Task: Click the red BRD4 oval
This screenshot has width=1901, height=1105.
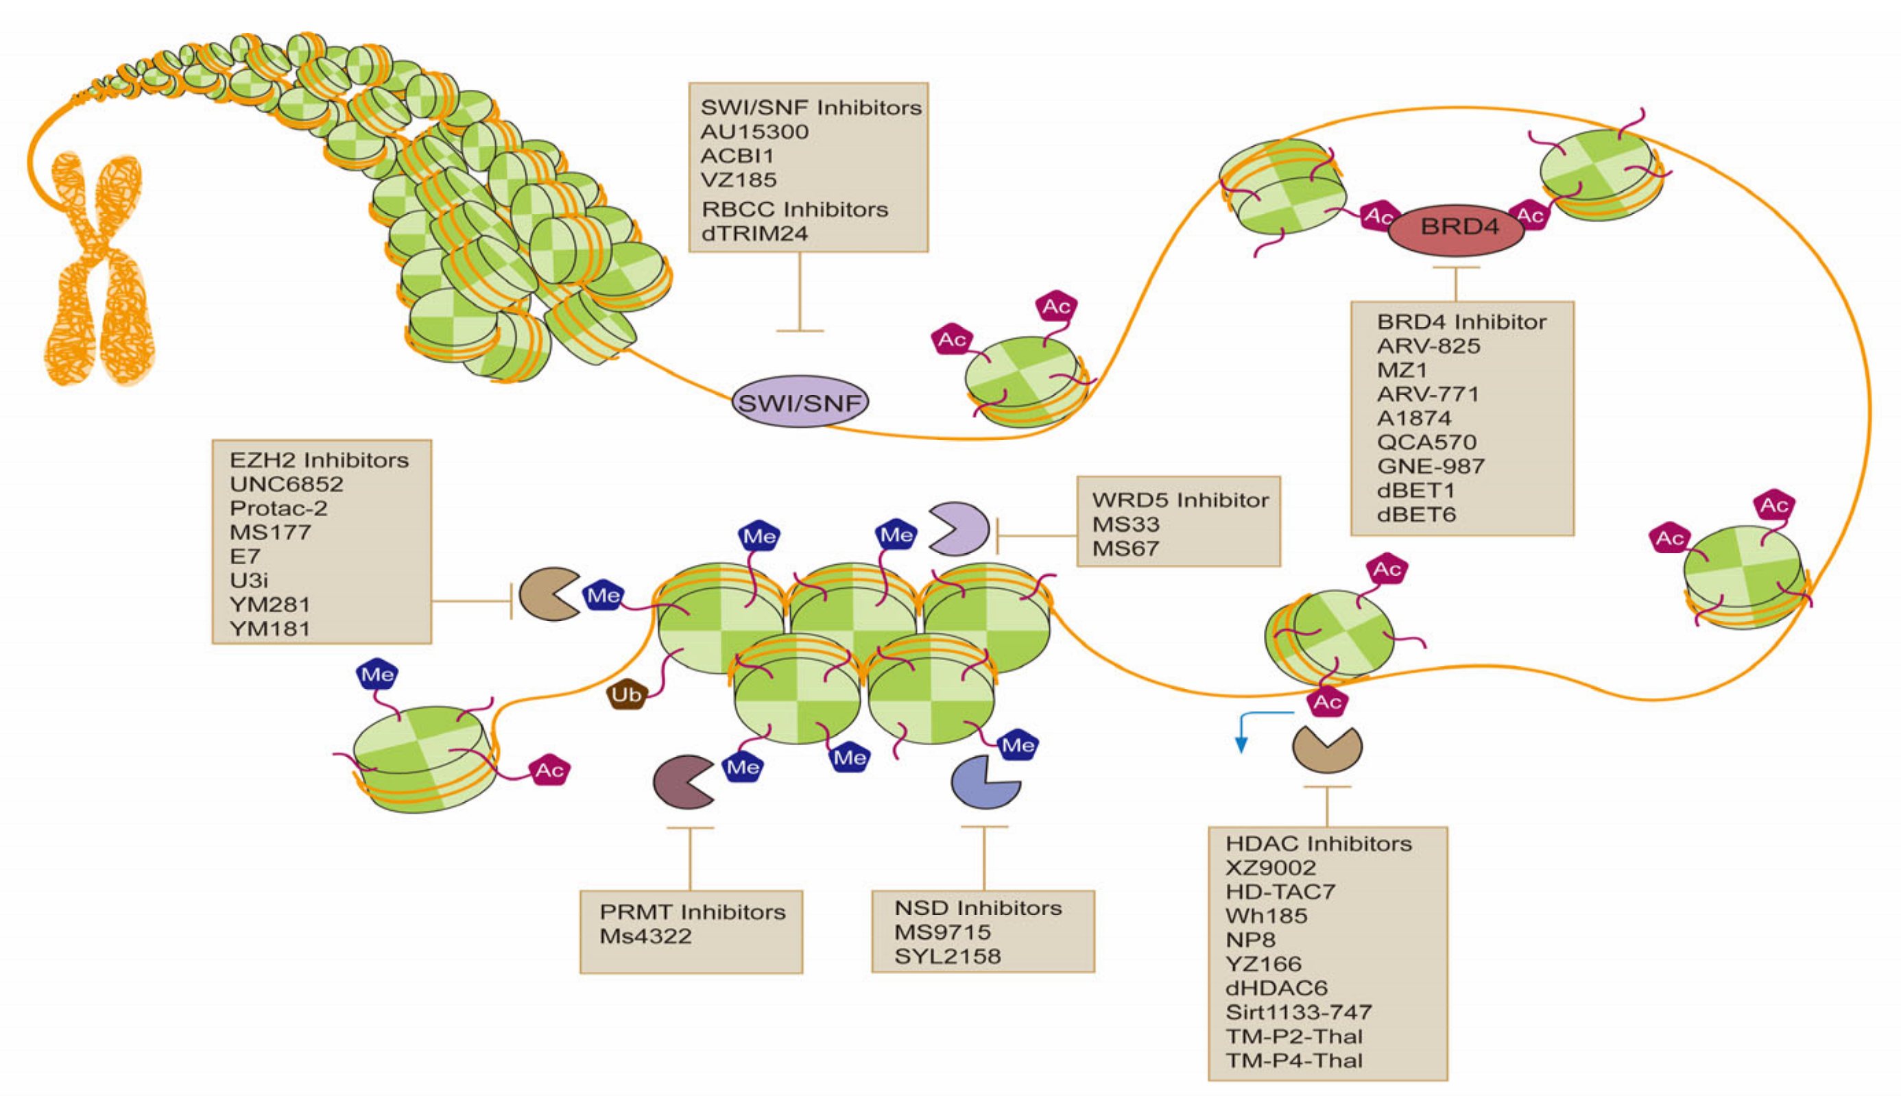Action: click(x=1456, y=227)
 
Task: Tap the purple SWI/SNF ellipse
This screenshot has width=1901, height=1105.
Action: click(x=800, y=402)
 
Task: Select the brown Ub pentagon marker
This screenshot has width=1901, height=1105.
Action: click(x=627, y=694)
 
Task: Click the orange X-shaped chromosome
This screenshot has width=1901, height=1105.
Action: click(x=98, y=271)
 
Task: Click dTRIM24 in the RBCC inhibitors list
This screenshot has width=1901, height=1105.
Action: click(x=754, y=234)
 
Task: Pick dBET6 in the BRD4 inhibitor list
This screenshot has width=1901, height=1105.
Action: click(x=1416, y=515)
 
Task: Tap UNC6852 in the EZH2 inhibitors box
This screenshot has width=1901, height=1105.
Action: click(x=287, y=484)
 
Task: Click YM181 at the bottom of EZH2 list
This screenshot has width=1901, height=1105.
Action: click(x=270, y=629)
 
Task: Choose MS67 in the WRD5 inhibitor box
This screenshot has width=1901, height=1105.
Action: click(x=1125, y=549)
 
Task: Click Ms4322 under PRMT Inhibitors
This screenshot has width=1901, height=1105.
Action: click(x=645, y=937)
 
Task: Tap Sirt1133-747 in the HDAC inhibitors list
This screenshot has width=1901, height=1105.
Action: click(x=1298, y=1012)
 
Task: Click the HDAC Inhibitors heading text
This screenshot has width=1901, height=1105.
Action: click(x=1318, y=843)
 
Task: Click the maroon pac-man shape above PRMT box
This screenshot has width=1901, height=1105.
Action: click(x=680, y=783)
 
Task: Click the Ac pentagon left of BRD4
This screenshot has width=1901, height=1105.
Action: click(x=1379, y=217)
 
